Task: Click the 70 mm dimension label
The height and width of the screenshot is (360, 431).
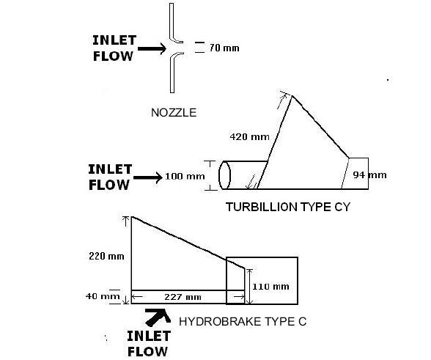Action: (224, 48)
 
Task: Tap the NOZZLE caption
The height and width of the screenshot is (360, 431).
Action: (174, 113)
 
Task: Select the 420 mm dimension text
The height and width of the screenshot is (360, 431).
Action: (249, 136)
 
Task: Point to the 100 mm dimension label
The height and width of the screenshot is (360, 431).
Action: (185, 176)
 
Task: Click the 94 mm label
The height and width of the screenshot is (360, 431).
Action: (369, 175)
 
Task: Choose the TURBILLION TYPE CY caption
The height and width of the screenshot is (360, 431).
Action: (288, 207)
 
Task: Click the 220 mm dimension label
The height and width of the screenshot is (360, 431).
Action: (106, 257)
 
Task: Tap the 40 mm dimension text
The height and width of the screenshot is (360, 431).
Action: (103, 296)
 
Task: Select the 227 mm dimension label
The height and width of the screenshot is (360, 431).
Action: (183, 297)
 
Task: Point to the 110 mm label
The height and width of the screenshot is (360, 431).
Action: (270, 287)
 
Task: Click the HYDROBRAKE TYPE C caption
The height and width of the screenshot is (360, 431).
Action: (243, 321)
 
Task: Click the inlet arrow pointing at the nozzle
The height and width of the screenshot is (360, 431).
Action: (152, 48)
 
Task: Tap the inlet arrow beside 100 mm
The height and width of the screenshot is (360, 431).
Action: (148, 177)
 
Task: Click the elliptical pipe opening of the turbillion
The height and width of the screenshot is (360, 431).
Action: (224, 175)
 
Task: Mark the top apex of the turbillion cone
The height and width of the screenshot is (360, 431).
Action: (292, 96)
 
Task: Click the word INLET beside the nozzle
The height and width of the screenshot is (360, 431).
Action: (114, 40)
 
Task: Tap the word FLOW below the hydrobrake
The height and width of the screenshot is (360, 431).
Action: (147, 351)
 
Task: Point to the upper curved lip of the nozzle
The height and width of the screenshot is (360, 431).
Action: (176, 39)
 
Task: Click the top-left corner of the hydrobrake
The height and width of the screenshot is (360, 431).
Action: (131, 217)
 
